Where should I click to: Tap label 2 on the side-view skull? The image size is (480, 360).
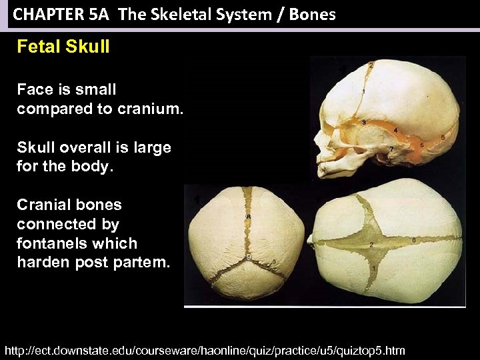[371, 65]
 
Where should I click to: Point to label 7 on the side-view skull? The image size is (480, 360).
[391, 148]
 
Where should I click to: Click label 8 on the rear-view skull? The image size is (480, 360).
[248, 217]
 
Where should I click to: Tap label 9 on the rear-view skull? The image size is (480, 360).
[248, 256]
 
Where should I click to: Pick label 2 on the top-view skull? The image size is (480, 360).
[371, 244]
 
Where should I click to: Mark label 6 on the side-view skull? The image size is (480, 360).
[443, 137]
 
